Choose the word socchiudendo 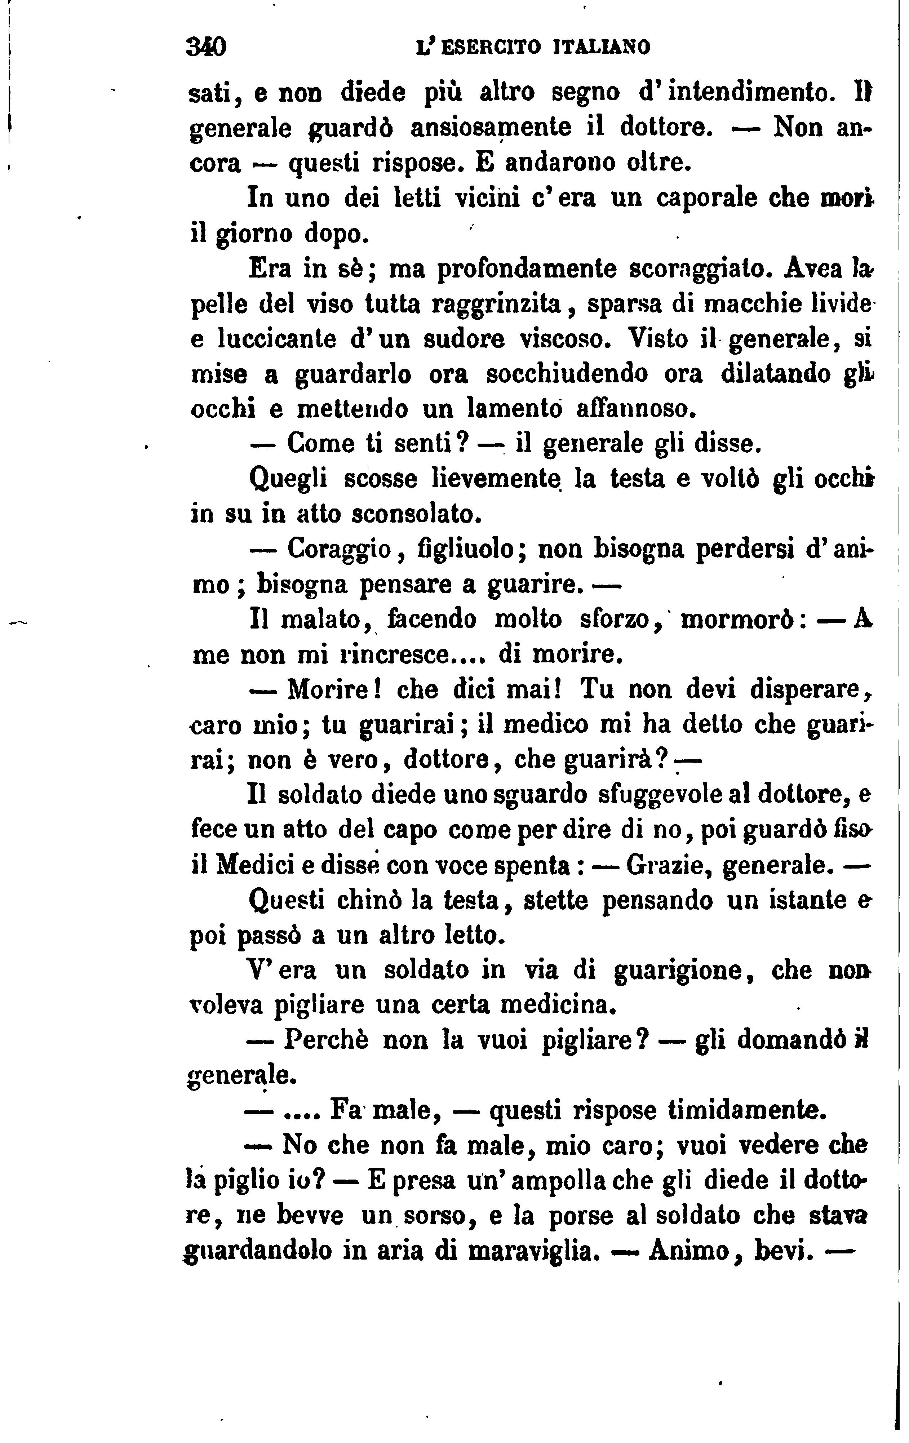566,374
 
